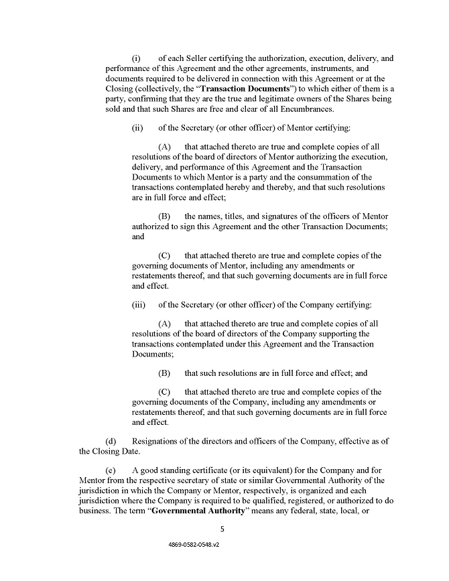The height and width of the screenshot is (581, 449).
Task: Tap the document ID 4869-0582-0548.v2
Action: (194, 545)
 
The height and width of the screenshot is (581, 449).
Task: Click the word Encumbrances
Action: (300, 109)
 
